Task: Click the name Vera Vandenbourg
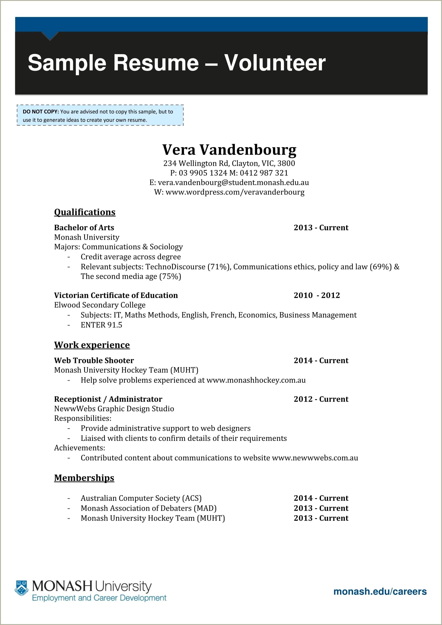tap(229, 150)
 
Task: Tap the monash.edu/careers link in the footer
tap(380, 591)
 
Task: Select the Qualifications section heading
tap(85, 212)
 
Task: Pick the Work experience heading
tap(92, 345)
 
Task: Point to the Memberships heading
tap(84, 478)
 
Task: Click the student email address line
tap(229, 183)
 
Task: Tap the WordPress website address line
tap(229, 192)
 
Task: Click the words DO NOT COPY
tap(40, 112)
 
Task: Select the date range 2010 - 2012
tap(317, 295)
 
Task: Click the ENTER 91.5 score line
tap(101, 325)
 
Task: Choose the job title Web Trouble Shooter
tap(94, 360)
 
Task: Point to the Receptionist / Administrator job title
tap(108, 399)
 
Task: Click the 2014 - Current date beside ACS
tap(321, 498)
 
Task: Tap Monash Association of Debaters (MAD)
tap(149, 508)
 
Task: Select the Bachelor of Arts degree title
tap(84, 228)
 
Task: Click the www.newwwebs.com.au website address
tap(315, 458)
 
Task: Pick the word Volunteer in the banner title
tap(275, 63)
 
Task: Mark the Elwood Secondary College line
tap(100, 305)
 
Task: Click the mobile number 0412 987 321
tap(264, 173)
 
